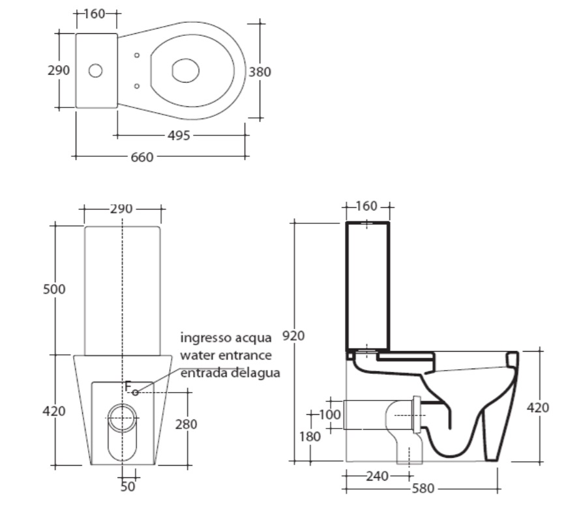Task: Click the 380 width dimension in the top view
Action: (260, 72)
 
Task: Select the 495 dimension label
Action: (179, 135)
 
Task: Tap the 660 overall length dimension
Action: (141, 157)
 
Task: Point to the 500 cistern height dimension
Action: (54, 289)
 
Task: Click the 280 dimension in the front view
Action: (186, 425)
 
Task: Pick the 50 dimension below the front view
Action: (128, 486)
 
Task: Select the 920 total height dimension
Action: (293, 335)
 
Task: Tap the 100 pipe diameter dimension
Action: (330, 415)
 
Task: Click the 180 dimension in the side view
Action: (310, 436)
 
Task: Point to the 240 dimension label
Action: (378, 477)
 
